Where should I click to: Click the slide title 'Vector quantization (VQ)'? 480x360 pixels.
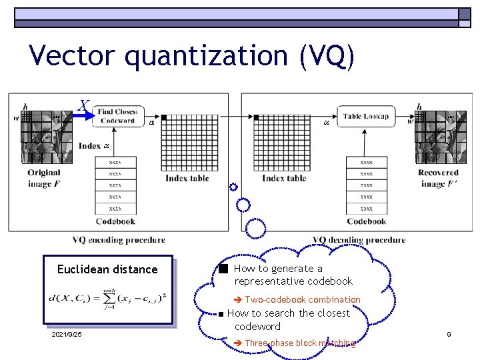tap(192, 56)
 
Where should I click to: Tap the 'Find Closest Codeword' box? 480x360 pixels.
tap(117, 116)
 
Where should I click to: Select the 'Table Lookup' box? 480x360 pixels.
tap(365, 116)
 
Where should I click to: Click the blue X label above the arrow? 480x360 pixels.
tap(83, 105)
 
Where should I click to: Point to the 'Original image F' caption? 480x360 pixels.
tap(43, 178)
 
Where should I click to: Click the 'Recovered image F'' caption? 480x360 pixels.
tap(437, 178)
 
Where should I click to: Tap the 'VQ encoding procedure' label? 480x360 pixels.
tap(119, 240)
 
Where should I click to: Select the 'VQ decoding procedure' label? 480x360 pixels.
tap(359, 240)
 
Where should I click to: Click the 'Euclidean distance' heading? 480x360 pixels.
tap(107, 269)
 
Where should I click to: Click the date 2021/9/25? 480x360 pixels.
tap(67, 334)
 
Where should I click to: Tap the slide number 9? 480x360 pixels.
tap(449, 333)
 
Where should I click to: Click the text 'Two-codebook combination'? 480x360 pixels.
tap(302, 300)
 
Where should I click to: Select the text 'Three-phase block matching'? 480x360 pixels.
tap(300, 343)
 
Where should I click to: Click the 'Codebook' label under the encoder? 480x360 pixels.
tap(115, 221)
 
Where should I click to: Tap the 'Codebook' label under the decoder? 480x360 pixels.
tap(366, 221)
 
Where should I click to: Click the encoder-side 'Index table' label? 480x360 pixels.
tap(187, 178)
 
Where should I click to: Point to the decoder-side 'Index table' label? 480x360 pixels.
tap(284, 178)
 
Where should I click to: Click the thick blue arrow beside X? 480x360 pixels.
tap(82, 116)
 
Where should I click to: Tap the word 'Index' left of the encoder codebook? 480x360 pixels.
tap(89, 146)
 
